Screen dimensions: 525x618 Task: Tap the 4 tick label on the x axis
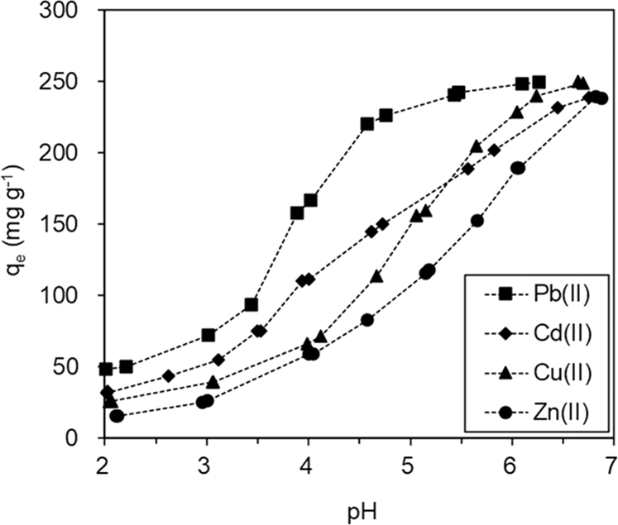tap(308, 461)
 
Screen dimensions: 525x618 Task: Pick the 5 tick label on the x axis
tap(410, 461)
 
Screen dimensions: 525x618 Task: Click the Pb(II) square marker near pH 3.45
tap(252, 305)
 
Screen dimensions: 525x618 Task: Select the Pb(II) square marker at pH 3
tap(208, 335)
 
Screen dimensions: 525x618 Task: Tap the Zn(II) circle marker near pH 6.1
tap(518, 168)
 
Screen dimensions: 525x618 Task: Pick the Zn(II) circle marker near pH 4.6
tap(367, 320)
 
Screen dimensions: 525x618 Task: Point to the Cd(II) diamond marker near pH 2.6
tap(169, 375)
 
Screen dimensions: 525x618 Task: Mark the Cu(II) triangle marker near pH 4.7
tap(376, 276)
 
